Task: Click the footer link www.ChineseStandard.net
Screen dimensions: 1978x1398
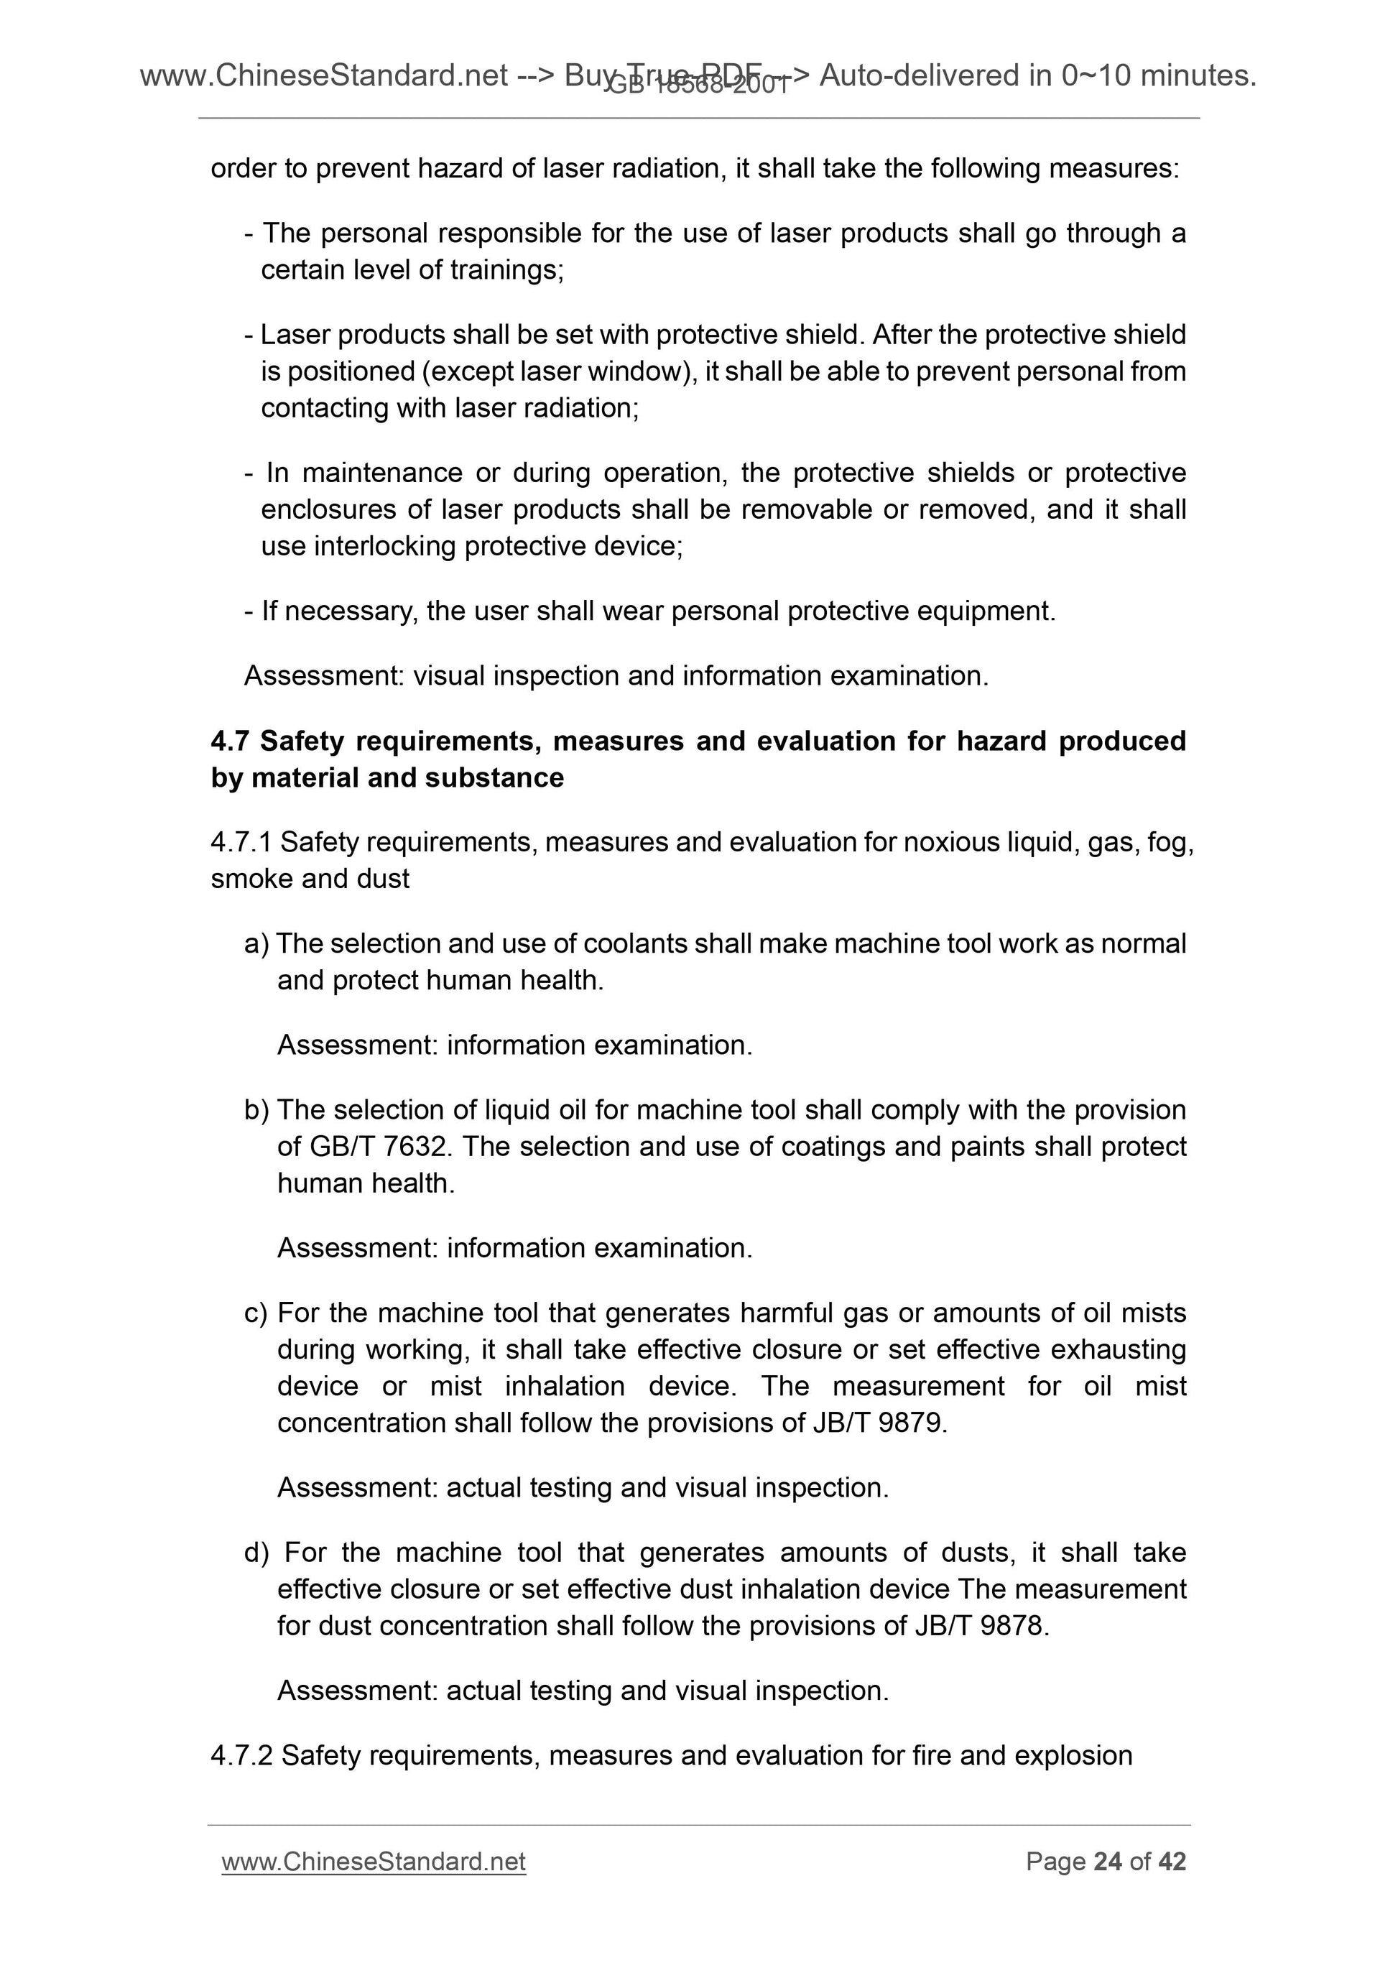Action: point(373,1862)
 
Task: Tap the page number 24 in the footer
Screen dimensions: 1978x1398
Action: point(1107,1862)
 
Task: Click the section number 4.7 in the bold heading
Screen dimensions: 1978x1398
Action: point(230,741)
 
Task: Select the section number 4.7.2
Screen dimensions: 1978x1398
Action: point(242,1756)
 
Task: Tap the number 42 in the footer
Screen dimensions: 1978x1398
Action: point(1172,1862)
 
